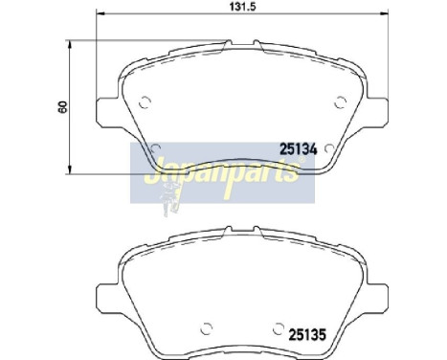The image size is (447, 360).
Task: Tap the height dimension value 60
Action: [x=62, y=107]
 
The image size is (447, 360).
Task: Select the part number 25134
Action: [x=298, y=148]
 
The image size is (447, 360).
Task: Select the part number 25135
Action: [x=307, y=334]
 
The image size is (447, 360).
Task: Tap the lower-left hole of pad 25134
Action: [x=154, y=146]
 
